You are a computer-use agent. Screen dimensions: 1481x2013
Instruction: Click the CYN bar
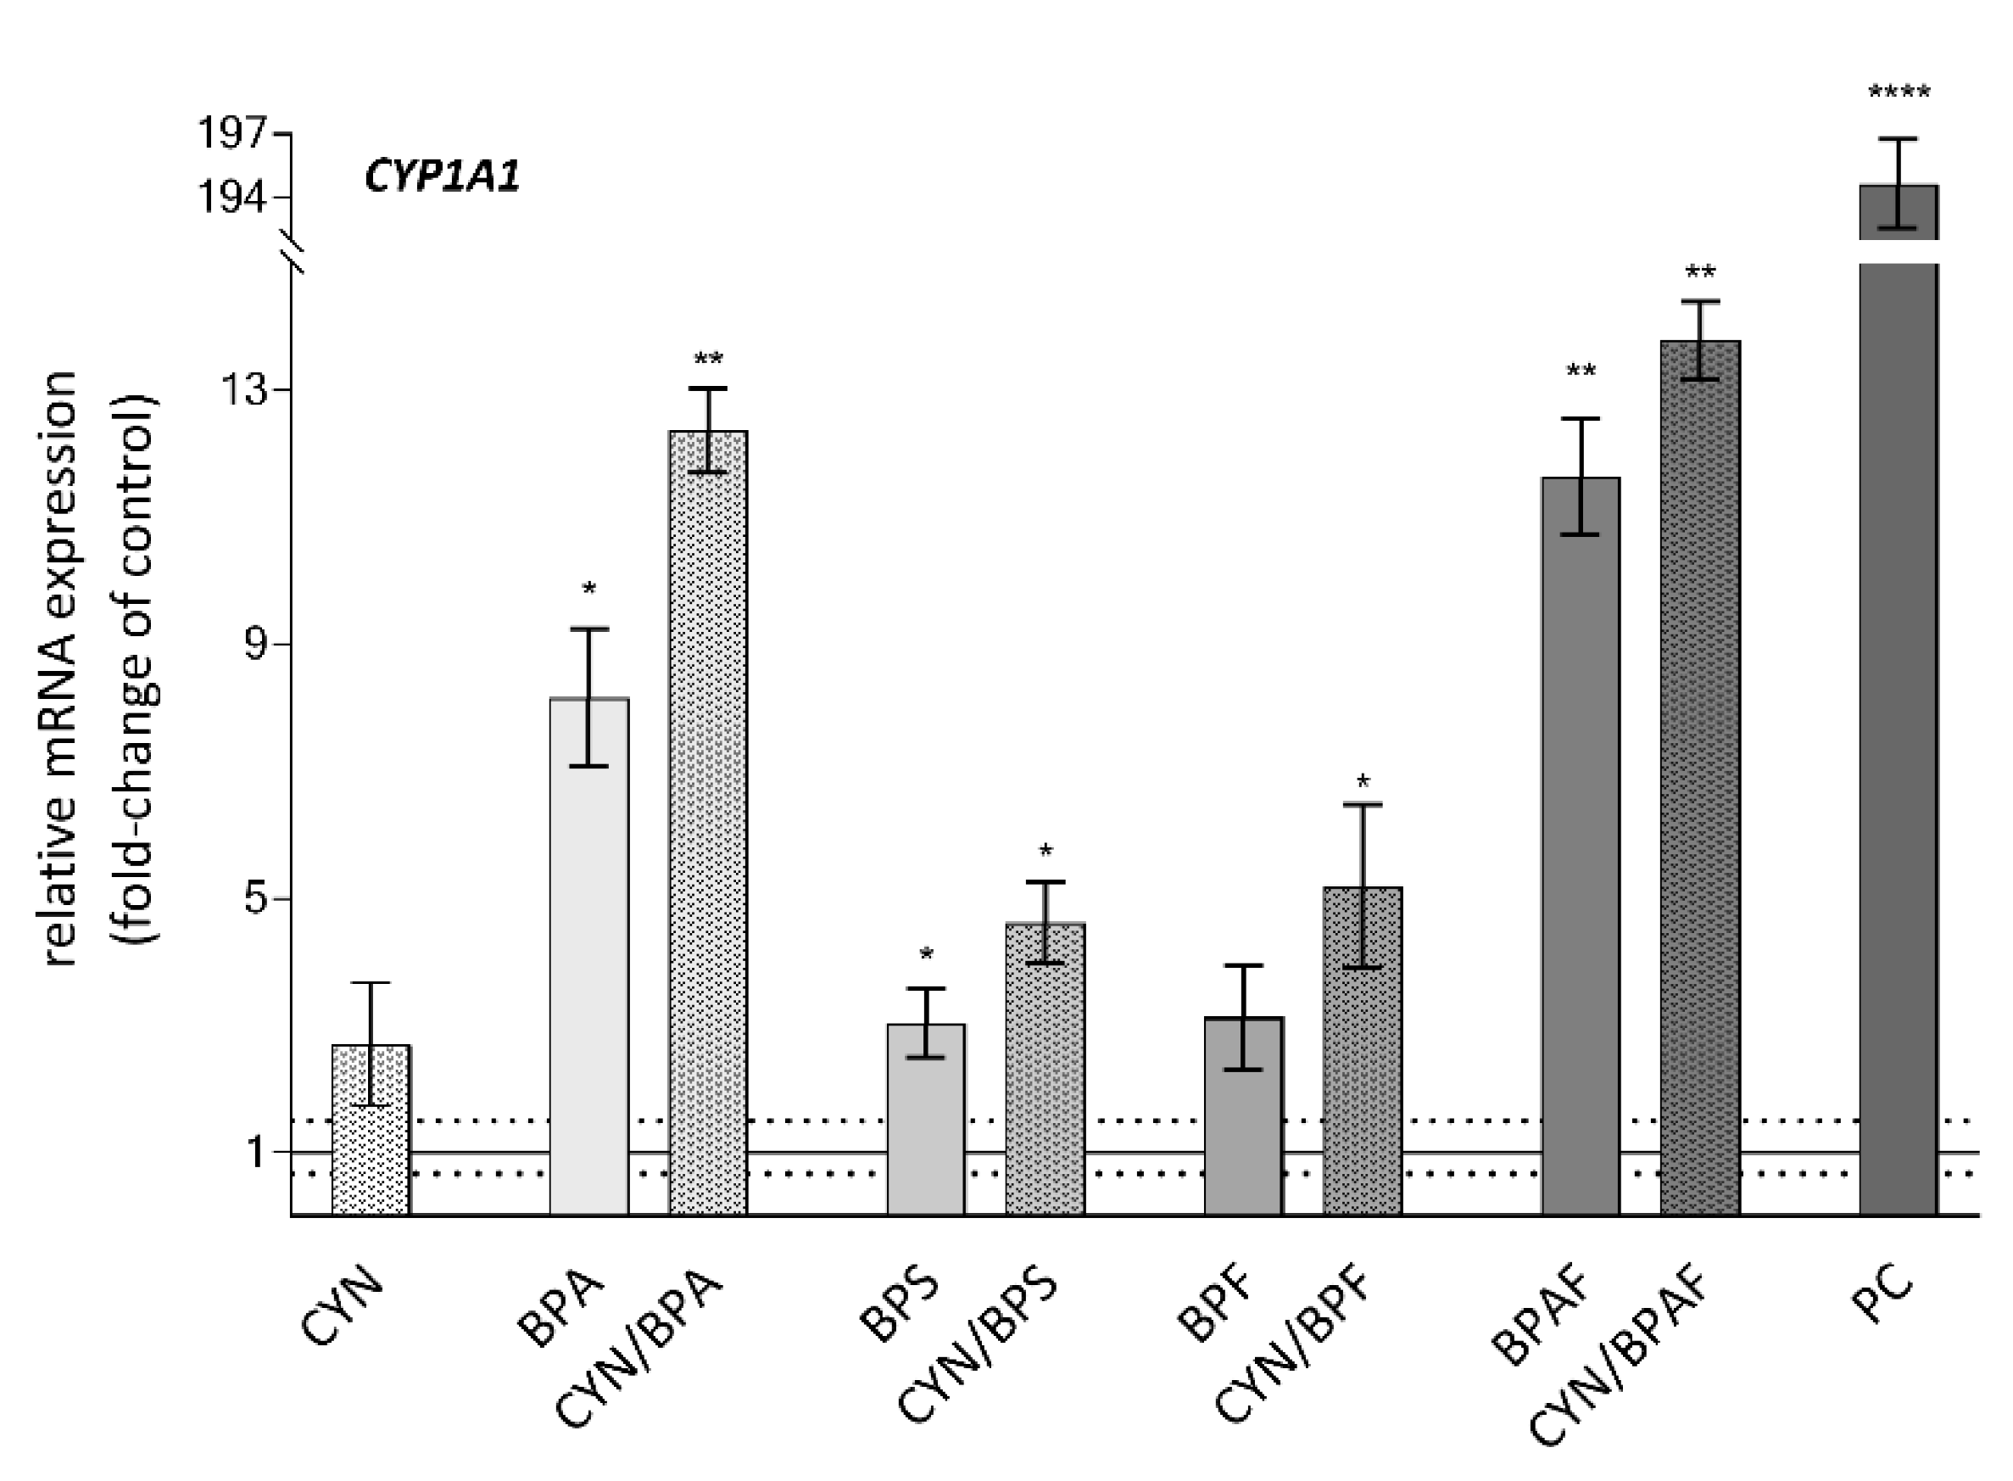tap(371, 1130)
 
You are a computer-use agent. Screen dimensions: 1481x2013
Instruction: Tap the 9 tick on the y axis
tap(256, 645)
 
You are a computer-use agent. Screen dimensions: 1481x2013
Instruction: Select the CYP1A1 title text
tap(442, 176)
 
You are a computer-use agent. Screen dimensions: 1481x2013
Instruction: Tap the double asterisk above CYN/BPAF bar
tap(1700, 271)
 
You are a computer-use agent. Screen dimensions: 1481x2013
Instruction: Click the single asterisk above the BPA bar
tap(588, 589)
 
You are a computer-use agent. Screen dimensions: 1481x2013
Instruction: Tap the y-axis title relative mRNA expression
tap(61, 668)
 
